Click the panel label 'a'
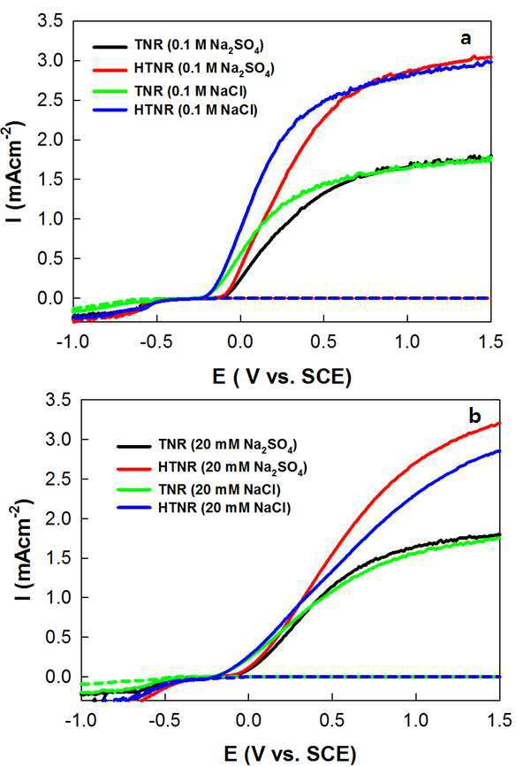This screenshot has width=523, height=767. click(466, 39)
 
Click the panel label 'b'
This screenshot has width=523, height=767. click(474, 416)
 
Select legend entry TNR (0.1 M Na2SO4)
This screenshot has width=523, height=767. click(200, 46)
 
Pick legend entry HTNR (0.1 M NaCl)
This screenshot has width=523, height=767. click(196, 110)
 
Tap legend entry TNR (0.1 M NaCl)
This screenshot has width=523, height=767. click(191, 91)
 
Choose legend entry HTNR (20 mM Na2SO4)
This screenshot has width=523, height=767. click(232, 467)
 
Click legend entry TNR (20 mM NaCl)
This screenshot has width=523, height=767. click(219, 489)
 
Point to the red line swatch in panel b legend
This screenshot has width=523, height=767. click(134, 468)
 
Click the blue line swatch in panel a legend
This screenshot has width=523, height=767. click(110, 111)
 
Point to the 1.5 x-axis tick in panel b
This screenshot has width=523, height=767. click(499, 719)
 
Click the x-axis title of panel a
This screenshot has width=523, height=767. click(282, 377)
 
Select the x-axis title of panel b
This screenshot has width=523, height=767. click(290, 754)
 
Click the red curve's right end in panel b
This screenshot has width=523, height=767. click(499, 423)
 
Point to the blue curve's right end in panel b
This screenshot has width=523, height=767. click(499, 450)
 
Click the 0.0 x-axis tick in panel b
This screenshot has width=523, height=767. click(248, 719)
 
